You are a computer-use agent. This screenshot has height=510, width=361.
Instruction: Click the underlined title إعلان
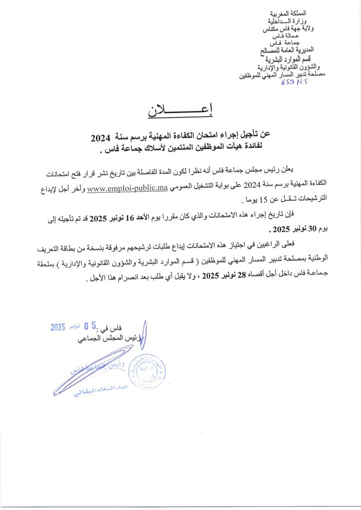(x=180, y=112)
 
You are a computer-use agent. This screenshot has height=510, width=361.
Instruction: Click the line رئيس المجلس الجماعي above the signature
(x=115, y=340)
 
